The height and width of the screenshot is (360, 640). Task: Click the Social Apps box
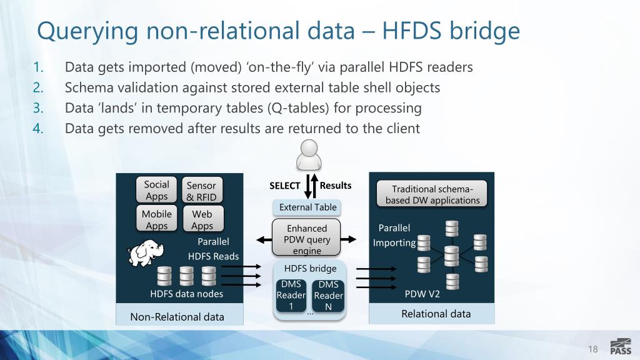[156, 190]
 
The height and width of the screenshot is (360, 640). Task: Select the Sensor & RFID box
[201, 191]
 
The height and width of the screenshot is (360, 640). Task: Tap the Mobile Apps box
[156, 219]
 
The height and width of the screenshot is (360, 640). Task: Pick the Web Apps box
[202, 220]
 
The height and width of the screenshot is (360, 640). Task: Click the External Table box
[307, 207]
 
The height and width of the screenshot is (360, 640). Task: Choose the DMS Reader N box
[328, 295]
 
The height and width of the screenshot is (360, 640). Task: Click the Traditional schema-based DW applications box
[432, 194]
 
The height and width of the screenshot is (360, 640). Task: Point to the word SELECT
[285, 186]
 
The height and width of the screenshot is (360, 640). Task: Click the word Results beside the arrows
[336, 185]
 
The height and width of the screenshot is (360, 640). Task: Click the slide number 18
[593, 349]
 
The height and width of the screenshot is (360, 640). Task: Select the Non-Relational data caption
[177, 317]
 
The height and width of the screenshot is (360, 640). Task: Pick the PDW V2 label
[422, 293]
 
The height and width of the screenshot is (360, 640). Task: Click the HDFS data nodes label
[186, 294]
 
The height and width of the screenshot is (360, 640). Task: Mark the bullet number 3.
[37, 108]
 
